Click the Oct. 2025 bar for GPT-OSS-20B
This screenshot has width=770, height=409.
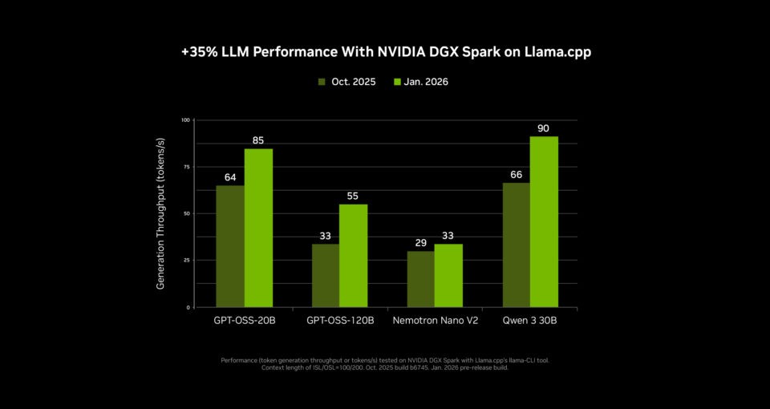click(x=230, y=246)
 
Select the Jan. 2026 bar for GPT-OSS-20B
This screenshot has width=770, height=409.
click(x=258, y=228)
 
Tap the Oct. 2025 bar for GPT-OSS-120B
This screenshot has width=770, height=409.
click(x=325, y=275)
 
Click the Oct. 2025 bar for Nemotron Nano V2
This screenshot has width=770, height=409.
click(x=420, y=279)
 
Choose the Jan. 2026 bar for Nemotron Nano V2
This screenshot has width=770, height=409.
click(x=448, y=275)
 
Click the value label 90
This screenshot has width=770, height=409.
click(x=544, y=128)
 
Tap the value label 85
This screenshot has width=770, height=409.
click(x=258, y=140)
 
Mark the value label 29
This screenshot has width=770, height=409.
click(x=420, y=242)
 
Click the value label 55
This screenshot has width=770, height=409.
click(x=353, y=196)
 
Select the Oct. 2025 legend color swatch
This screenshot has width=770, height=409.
click(x=322, y=82)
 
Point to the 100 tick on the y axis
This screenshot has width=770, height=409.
click(x=185, y=120)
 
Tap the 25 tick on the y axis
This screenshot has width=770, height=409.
click(x=186, y=261)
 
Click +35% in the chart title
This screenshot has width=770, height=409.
click(x=199, y=51)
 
